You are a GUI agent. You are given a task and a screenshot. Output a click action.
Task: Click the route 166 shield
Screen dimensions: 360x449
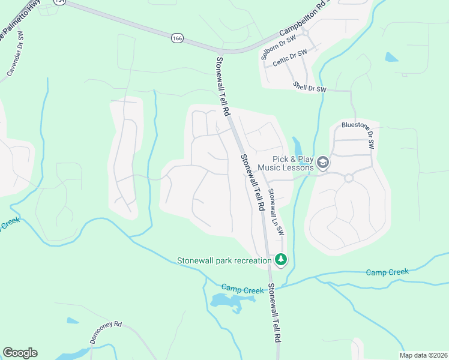[176, 38]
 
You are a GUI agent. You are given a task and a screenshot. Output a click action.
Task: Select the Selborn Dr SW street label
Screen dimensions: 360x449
[279, 47]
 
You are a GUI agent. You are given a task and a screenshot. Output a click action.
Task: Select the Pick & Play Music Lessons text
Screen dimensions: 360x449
[286, 163]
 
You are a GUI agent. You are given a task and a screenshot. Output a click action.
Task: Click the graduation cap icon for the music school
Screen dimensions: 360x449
[323, 163]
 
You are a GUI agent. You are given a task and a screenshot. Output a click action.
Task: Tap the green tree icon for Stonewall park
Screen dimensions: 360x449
[280, 260]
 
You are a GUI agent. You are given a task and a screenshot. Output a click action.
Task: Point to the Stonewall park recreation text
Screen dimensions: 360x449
[224, 260]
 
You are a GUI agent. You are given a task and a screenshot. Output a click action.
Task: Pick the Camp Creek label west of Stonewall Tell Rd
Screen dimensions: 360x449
[243, 290]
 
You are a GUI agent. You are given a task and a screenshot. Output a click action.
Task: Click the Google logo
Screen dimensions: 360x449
[20, 353]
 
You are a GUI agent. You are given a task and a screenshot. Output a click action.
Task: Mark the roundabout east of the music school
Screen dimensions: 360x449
[348, 178]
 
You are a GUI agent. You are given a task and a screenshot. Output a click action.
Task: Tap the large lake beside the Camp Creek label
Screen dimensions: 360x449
[227, 302]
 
